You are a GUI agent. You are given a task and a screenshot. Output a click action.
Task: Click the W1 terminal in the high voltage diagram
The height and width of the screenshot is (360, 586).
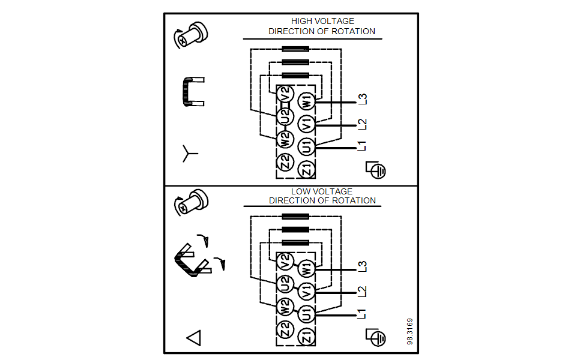coord(307,101)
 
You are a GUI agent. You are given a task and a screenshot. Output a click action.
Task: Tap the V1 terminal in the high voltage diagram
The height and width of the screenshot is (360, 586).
coord(307,124)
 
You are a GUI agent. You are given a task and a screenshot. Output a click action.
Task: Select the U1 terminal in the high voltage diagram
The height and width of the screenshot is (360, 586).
coord(307,145)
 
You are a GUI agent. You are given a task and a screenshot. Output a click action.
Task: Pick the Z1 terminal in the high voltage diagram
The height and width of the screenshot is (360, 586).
coord(307,169)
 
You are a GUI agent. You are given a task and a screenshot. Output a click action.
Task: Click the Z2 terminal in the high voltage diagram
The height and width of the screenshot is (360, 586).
coord(285,161)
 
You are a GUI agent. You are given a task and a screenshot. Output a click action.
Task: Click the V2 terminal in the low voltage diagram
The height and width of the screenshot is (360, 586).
coord(285,262)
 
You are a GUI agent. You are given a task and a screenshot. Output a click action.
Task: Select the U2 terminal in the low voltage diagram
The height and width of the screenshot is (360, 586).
coord(285,283)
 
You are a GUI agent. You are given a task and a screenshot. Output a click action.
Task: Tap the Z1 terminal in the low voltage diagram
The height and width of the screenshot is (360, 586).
coord(307,336)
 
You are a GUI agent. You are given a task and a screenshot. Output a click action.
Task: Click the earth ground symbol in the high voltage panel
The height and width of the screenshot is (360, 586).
coord(376,170)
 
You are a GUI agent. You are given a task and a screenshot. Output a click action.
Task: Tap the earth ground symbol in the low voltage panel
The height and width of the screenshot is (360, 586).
coord(376,337)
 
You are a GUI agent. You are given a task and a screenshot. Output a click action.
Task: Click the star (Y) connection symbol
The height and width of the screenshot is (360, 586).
coord(190,154)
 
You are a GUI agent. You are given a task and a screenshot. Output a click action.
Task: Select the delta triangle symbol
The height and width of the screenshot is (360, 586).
coord(193,338)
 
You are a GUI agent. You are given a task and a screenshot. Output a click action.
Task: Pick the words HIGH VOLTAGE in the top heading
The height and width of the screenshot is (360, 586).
coord(322,21)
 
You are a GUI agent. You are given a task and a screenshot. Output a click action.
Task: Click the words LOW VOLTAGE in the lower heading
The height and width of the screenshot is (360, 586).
coord(322,191)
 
